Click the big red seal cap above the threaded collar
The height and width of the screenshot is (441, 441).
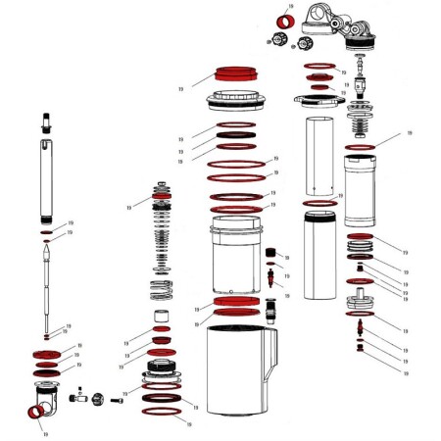coord(235,76)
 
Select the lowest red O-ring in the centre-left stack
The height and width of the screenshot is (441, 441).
coord(163,414)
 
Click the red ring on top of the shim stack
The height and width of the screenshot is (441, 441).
coord(163,197)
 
